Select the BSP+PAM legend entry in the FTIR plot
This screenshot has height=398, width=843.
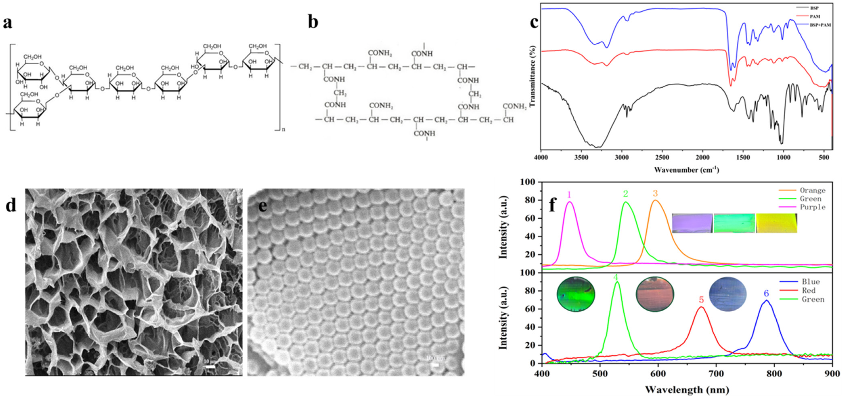[x=820, y=25]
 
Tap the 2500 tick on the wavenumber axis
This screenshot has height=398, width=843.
[x=662, y=158]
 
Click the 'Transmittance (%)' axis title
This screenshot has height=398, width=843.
[x=532, y=76]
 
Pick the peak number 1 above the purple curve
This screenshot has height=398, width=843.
[x=569, y=195]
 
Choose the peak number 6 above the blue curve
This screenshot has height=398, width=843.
[x=766, y=294]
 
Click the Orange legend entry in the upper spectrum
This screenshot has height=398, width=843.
[x=813, y=190]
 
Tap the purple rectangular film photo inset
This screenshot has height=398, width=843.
[x=692, y=223]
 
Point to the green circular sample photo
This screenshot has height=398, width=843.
[x=576, y=294]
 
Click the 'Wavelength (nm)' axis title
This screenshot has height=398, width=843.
[x=687, y=390]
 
